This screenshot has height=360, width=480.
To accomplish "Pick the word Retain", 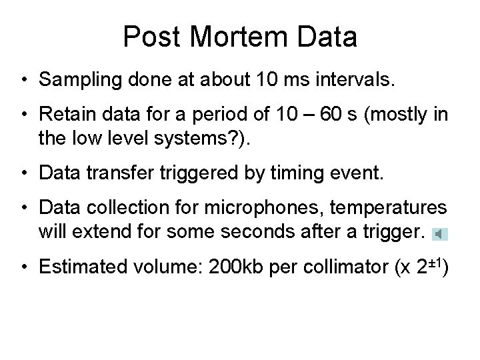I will [63, 115].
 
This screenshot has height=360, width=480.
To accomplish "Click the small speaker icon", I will [439, 234].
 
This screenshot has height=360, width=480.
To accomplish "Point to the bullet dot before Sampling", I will [24, 82].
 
